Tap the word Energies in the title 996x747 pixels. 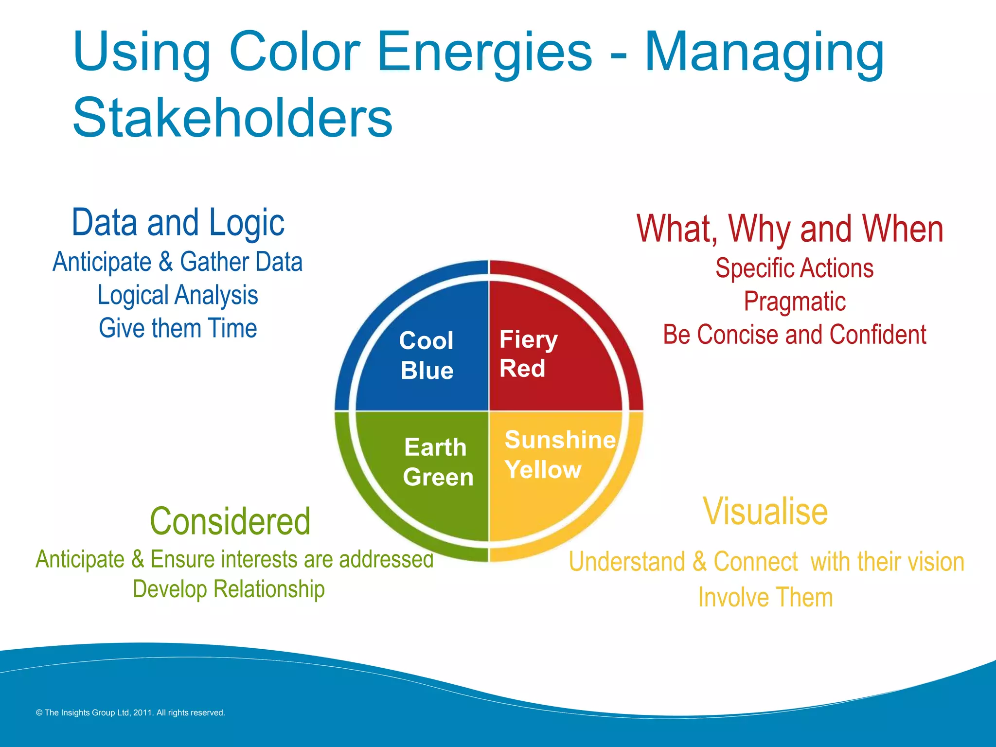484,53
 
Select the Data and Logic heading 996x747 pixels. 178,223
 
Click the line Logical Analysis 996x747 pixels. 178,295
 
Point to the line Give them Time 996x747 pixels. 178,328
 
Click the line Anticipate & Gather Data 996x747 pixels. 178,262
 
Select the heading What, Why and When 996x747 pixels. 790,229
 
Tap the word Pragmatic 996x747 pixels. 795,302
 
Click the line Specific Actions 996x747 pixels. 795,268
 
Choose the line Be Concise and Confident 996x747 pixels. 795,335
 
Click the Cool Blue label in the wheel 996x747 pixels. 427,356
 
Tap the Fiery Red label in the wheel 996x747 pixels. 528,354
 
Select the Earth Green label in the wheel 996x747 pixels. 437,462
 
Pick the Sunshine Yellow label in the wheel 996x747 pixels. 559,455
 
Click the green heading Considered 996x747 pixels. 230,521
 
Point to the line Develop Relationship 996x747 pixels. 229,589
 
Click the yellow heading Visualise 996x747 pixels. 765,512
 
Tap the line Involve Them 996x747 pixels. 765,597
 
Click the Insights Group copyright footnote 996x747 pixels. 130,712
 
